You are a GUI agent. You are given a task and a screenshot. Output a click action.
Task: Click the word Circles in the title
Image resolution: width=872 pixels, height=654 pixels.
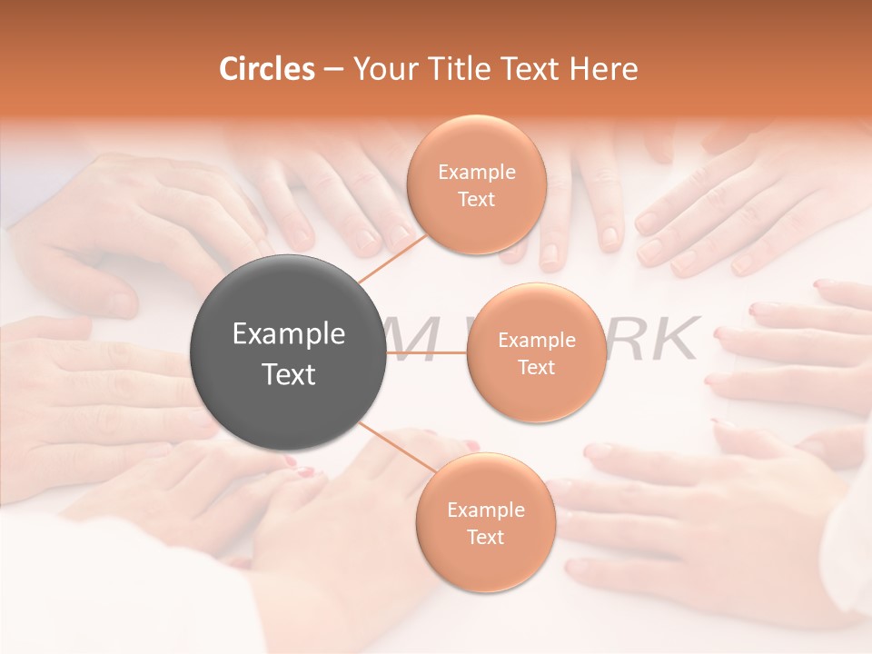pos(267,69)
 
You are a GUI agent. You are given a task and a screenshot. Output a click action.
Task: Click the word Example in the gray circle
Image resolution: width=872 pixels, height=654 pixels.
pos(288,334)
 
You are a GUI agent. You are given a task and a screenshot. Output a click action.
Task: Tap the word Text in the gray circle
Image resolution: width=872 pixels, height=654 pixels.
pos(288,374)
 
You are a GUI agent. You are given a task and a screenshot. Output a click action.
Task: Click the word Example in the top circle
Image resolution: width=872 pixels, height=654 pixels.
pos(476,173)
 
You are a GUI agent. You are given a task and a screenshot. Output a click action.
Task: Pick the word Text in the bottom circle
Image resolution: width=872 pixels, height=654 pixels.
pos(485,538)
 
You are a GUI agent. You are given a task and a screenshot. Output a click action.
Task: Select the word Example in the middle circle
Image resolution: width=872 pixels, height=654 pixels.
pos(536,341)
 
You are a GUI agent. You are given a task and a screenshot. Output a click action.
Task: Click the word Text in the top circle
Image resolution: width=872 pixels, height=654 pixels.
pos(476,199)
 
